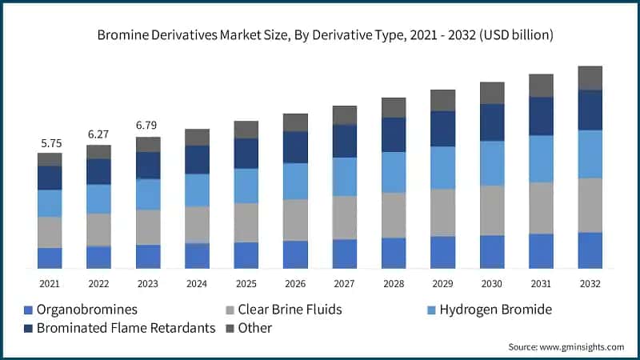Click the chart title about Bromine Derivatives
[x=325, y=35]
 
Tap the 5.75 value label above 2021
[x=50, y=143]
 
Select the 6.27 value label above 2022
[x=98, y=134]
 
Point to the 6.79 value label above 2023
[x=147, y=126]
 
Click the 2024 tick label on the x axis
[x=197, y=283]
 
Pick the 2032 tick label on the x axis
[x=590, y=283]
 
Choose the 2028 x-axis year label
[x=393, y=283]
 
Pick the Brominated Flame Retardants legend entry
[x=120, y=328]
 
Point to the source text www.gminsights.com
[x=566, y=346]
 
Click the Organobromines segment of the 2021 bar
[x=50, y=258]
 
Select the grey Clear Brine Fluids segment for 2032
[x=590, y=205]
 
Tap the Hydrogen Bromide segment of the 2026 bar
[x=295, y=181]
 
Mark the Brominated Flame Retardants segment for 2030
[x=491, y=122]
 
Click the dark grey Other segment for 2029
[x=442, y=100]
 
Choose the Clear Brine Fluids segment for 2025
[x=246, y=222]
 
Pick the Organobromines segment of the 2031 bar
[x=541, y=250]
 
